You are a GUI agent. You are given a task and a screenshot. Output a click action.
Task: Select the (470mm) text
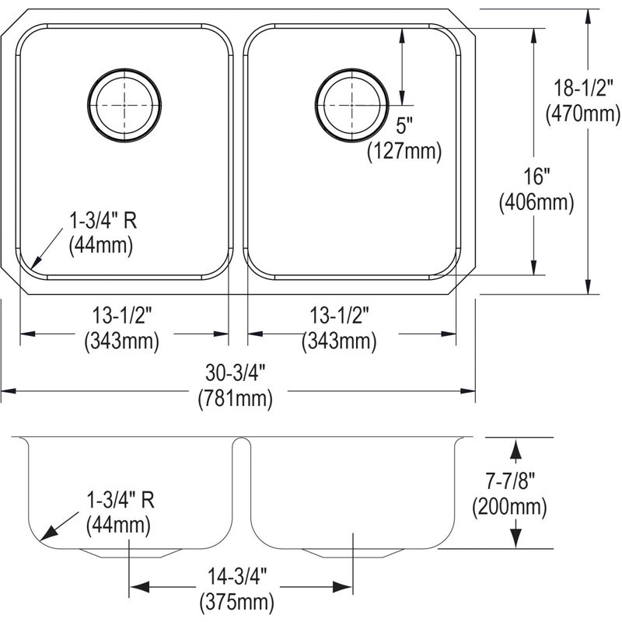pos(582,114)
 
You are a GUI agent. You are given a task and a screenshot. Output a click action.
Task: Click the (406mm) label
pos(536,202)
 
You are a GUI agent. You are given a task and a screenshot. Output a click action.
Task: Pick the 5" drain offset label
pos(404,126)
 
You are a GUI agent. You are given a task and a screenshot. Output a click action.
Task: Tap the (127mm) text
pos(404,151)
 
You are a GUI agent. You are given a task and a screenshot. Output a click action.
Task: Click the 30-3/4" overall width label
pos(236,373)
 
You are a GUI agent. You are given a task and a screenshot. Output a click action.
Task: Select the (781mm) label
pos(236,398)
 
